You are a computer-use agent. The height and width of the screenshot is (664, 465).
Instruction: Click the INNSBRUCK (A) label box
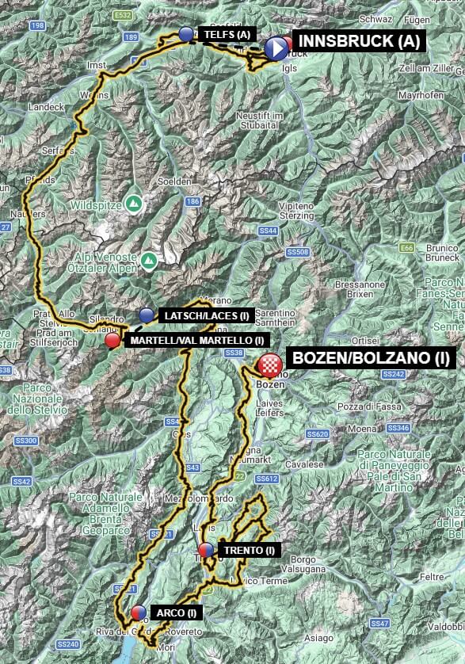[x=360, y=42]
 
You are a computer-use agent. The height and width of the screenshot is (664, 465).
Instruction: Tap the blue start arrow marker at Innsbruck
[x=276, y=49]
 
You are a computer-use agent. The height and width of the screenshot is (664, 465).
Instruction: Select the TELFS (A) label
[x=227, y=34]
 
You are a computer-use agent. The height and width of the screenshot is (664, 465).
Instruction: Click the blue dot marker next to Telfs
[x=186, y=34]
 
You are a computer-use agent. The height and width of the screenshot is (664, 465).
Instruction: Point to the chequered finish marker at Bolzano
[x=270, y=365]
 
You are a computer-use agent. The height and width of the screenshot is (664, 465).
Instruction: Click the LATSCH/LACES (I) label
[x=205, y=315]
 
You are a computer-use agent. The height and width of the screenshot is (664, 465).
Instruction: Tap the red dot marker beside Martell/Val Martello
[x=113, y=340]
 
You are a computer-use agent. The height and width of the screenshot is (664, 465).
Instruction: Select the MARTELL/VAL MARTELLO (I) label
[x=193, y=341]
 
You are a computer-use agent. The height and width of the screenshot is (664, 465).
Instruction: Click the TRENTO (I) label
[x=249, y=551]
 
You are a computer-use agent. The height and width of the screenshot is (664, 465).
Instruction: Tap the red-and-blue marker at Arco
[x=138, y=612]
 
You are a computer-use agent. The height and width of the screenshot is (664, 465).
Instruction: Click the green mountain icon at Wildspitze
[x=135, y=203]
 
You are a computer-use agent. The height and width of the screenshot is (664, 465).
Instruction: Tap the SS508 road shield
[x=298, y=252]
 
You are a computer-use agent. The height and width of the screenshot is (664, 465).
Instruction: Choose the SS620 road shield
[x=317, y=434]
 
